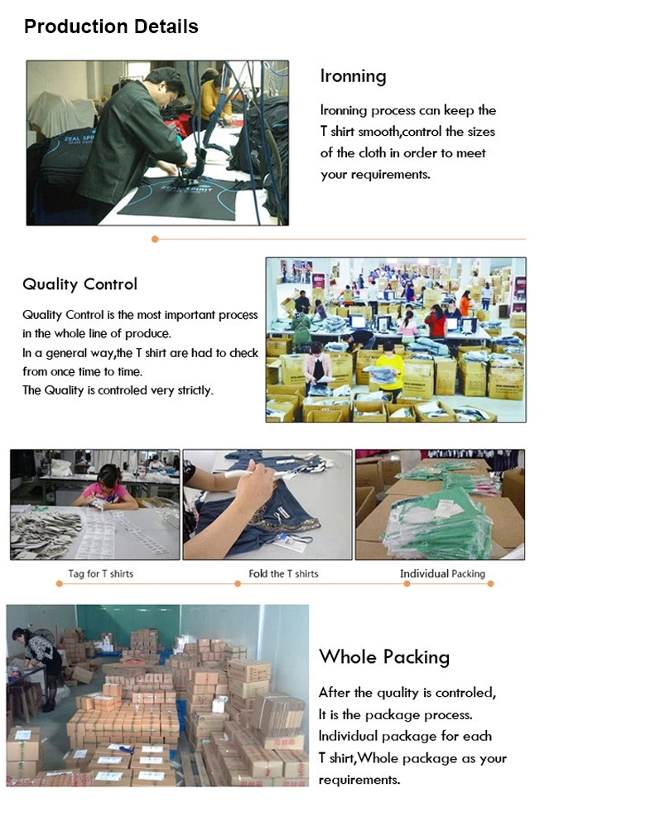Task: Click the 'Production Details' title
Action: click(x=111, y=27)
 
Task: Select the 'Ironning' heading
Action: click(x=353, y=76)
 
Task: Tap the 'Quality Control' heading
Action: click(x=79, y=284)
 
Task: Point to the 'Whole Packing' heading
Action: click(x=384, y=657)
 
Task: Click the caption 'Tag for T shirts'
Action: click(x=100, y=573)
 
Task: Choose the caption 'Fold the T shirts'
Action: click(x=283, y=573)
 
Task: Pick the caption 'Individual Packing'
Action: click(x=442, y=573)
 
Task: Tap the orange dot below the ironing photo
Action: click(x=155, y=239)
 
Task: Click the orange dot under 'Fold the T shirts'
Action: click(x=238, y=584)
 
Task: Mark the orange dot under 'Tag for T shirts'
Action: click(x=59, y=584)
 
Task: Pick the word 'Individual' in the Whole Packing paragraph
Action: click(x=350, y=736)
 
